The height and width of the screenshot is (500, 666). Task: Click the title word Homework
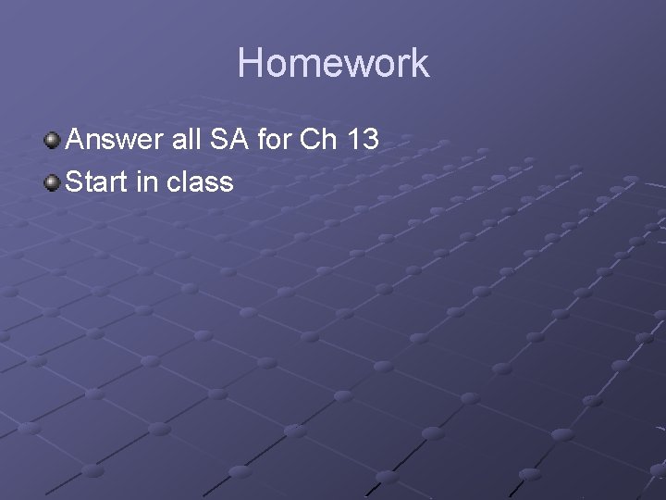(333, 63)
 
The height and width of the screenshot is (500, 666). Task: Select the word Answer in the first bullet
(115, 140)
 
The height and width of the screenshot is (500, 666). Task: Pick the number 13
(362, 140)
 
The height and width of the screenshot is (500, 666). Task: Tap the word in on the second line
(147, 181)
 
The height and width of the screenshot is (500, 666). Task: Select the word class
(201, 181)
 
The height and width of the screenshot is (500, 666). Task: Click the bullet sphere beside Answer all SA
(53, 141)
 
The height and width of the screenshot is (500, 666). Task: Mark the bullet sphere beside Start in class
(53, 181)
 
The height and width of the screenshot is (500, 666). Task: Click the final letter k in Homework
(420, 63)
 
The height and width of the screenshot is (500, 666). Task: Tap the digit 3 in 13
(369, 140)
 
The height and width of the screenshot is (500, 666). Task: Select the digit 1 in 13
(352, 140)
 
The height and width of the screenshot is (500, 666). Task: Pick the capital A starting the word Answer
(76, 140)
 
